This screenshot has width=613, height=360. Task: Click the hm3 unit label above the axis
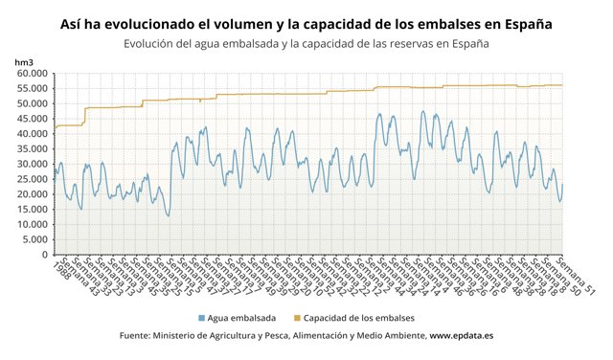tap(24, 61)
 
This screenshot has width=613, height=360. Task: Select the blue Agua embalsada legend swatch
tap(201, 317)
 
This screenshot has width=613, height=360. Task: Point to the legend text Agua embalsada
tap(242, 317)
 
